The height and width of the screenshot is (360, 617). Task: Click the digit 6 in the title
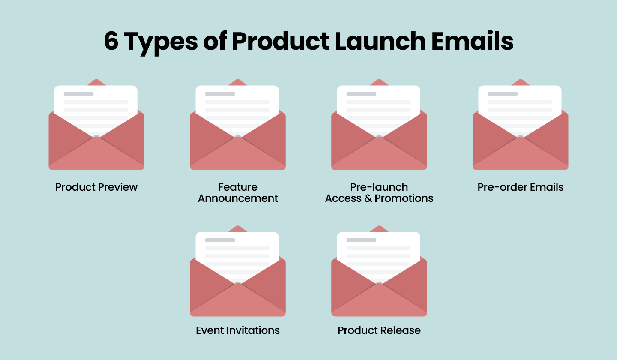(x=111, y=42)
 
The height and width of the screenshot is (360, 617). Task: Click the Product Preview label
(x=96, y=187)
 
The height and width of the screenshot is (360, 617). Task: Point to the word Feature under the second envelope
(x=238, y=187)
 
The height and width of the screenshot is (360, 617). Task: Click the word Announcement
(x=238, y=198)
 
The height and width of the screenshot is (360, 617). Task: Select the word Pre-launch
(x=379, y=187)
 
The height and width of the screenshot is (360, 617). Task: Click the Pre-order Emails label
(x=521, y=187)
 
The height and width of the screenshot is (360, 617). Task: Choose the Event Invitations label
(x=238, y=330)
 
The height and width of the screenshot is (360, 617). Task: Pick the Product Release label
(x=379, y=330)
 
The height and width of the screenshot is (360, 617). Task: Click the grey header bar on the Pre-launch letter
(x=361, y=93)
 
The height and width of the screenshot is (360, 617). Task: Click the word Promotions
(x=404, y=198)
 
